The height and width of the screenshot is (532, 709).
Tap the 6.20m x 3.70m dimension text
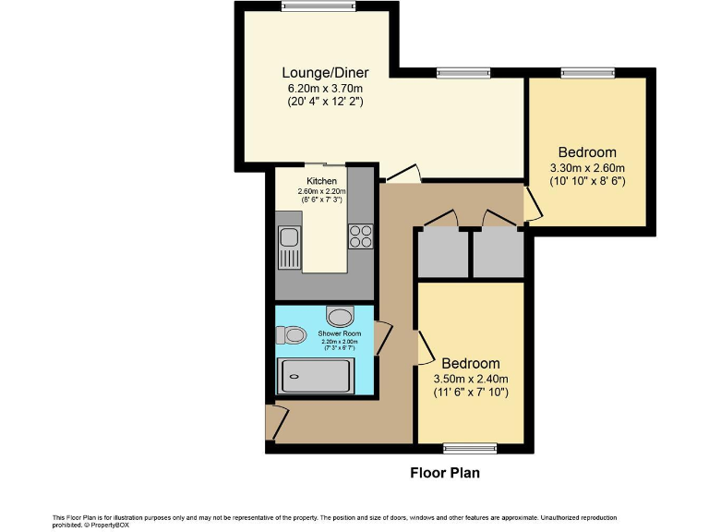click(x=325, y=88)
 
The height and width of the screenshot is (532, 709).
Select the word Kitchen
click(x=322, y=180)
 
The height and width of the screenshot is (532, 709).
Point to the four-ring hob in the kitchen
click(x=360, y=236)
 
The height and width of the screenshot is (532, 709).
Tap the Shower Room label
click(x=340, y=332)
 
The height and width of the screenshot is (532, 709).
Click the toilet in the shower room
click(x=291, y=335)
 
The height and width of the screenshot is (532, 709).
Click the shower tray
click(x=315, y=377)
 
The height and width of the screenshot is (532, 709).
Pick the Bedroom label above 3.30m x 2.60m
click(x=587, y=152)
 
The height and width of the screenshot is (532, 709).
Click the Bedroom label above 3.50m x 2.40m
click(x=471, y=363)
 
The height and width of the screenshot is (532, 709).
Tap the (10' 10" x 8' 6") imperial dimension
click(x=587, y=182)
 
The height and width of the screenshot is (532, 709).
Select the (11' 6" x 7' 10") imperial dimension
click(x=471, y=393)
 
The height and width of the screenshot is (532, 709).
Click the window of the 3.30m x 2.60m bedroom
click(x=587, y=72)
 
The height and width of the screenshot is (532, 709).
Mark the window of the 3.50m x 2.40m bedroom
click(x=470, y=449)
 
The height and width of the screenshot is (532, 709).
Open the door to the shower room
click(x=381, y=337)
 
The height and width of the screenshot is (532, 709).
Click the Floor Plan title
click(x=444, y=473)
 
